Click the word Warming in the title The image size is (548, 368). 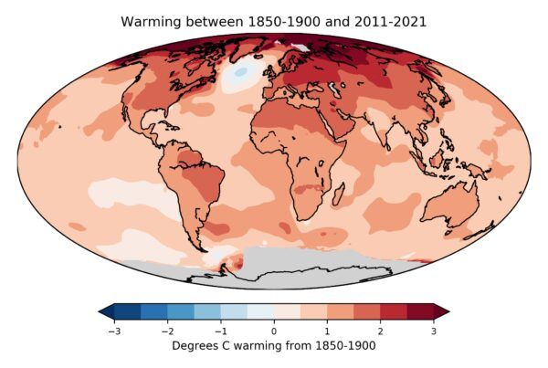153,20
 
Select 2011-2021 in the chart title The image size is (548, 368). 389,20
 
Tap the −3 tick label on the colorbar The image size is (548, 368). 113,331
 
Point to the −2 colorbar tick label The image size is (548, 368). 167,331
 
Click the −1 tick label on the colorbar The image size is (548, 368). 220,331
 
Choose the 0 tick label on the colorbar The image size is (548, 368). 274,331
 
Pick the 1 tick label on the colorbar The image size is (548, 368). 327,331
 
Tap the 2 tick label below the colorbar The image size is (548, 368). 381,331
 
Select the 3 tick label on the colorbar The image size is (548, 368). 434,331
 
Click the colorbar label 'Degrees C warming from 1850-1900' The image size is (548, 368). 274,346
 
